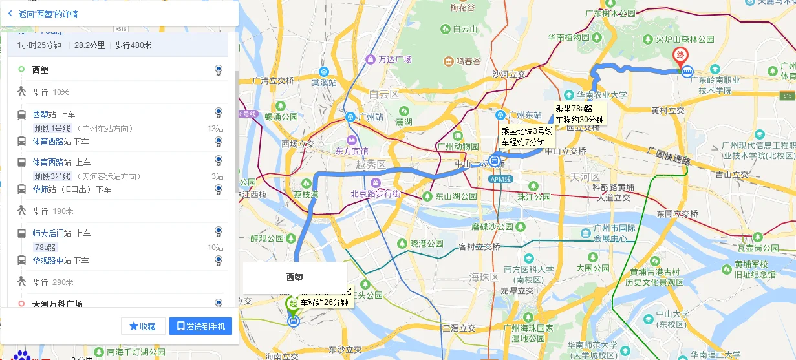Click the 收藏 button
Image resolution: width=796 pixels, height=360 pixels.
(143, 326)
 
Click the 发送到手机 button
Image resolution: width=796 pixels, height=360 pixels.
(200, 326)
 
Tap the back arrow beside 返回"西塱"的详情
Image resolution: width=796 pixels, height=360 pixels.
(10, 14)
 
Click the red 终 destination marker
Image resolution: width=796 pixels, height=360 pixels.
(680, 56)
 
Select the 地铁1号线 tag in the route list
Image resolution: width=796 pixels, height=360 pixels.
(52, 129)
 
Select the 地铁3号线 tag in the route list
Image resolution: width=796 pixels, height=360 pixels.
(52, 176)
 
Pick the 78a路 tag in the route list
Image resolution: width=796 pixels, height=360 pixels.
(45, 248)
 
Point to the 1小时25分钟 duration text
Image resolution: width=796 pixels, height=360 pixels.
(39, 45)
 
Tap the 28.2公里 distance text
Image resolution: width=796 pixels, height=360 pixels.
(89, 45)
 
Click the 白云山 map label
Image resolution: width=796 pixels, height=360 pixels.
(464, 29)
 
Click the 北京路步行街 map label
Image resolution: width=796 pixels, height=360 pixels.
(375, 194)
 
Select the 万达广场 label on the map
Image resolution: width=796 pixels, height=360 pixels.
(394, 59)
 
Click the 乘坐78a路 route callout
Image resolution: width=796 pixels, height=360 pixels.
(579, 114)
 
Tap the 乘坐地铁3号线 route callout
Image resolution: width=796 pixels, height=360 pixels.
(527, 136)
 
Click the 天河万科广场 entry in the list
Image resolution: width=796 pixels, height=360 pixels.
(57, 304)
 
